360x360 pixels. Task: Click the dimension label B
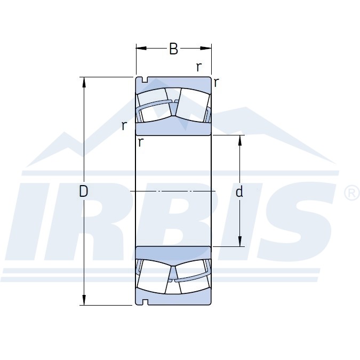[173, 49]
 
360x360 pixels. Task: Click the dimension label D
[83, 191]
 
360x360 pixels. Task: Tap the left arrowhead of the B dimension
[141, 48]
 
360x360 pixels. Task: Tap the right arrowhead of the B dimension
[206, 48]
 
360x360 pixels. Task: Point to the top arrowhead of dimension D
[84, 82]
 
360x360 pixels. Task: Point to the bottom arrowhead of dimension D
[84, 300]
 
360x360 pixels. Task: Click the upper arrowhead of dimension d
[240, 140]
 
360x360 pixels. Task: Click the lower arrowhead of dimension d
[240, 242]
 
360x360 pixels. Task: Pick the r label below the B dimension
[199, 67]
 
